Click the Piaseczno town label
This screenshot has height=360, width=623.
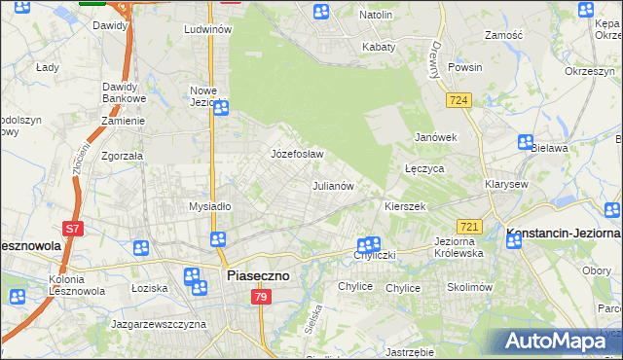click(258, 276)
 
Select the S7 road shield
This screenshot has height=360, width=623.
click(72, 229)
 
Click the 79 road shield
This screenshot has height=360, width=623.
click(259, 297)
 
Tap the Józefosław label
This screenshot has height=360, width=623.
click(296, 155)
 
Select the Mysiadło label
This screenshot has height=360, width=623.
click(209, 206)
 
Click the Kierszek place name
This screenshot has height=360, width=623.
click(405, 207)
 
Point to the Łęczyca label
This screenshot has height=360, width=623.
click(424, 168)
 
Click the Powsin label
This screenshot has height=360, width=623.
click(465, 68)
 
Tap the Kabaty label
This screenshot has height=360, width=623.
click(379, 47)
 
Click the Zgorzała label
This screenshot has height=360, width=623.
click(123, 156)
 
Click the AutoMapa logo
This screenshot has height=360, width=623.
click(560, 342)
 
